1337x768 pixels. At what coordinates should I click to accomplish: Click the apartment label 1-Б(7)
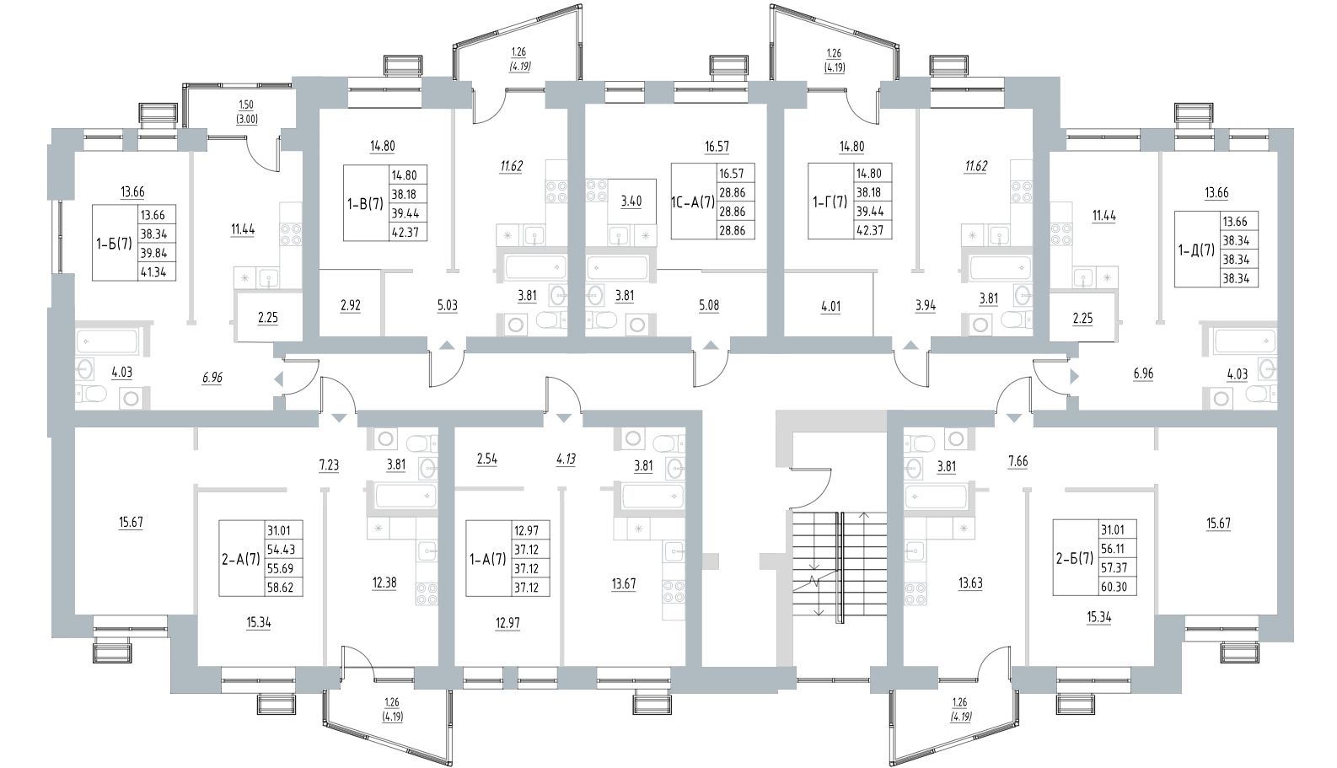pos(113,244)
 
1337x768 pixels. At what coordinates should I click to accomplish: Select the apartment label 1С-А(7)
pos(692,202)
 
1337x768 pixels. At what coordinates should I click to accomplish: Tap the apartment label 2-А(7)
pos(240,560)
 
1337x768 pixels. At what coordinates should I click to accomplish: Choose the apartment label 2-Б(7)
pos(1075,560)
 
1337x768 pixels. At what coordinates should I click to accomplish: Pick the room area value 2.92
pos(349,305)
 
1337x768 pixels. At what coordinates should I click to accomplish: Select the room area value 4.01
pos(830,305)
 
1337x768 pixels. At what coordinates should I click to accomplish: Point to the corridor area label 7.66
pos(1018,462)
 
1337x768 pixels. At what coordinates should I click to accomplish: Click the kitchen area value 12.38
pos(383,583)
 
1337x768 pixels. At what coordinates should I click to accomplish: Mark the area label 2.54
pos(487,459)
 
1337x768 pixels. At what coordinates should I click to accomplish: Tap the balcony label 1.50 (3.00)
pos(246,110)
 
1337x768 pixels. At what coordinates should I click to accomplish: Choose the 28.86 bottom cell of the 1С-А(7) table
pos(731,229)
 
